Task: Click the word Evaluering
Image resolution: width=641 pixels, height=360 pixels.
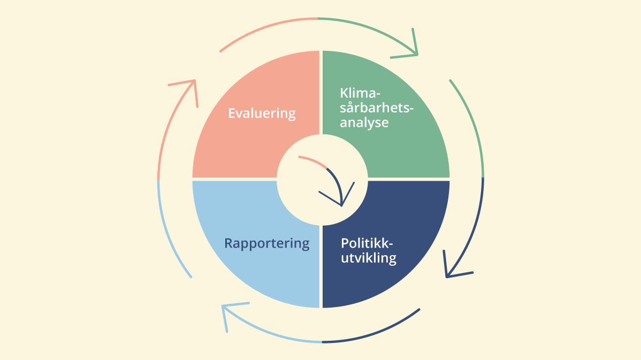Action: (x=262, y=113)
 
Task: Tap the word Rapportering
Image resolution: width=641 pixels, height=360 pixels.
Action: (x=266, y=243)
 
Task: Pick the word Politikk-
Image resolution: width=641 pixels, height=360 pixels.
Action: (x=367, y=243)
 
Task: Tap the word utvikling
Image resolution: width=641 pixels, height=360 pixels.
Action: (x=369, y=258)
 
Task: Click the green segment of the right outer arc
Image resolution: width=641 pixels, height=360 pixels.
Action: (x=473, y=123)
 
